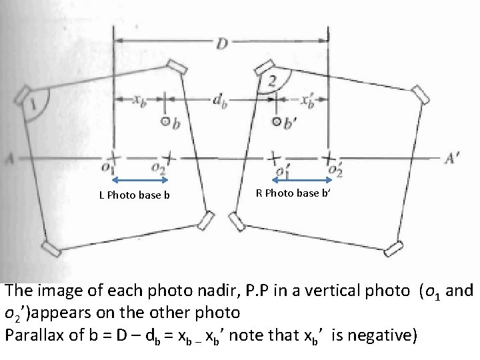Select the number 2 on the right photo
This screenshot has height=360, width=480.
click(x=272, y=81)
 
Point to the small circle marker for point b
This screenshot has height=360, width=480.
click(x=165, y=122)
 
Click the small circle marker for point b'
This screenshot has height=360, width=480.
click(x=278, y=122)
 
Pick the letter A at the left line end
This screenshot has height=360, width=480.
click(x=9, y=159)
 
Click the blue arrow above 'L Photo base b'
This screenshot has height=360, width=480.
click(x=141, y=179)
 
